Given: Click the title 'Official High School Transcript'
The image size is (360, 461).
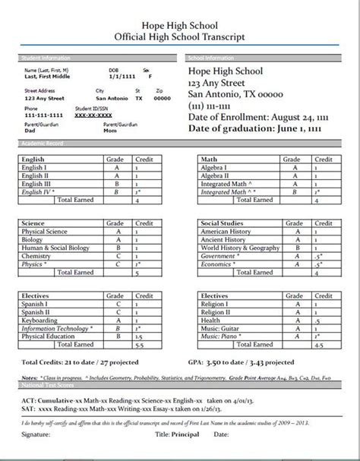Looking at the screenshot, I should click(179, 36).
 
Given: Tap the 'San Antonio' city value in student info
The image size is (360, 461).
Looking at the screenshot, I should click(112, 98).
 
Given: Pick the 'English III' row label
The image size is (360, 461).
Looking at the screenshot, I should click(37, 183).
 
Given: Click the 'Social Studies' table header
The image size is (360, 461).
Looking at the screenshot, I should click(224, 224).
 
